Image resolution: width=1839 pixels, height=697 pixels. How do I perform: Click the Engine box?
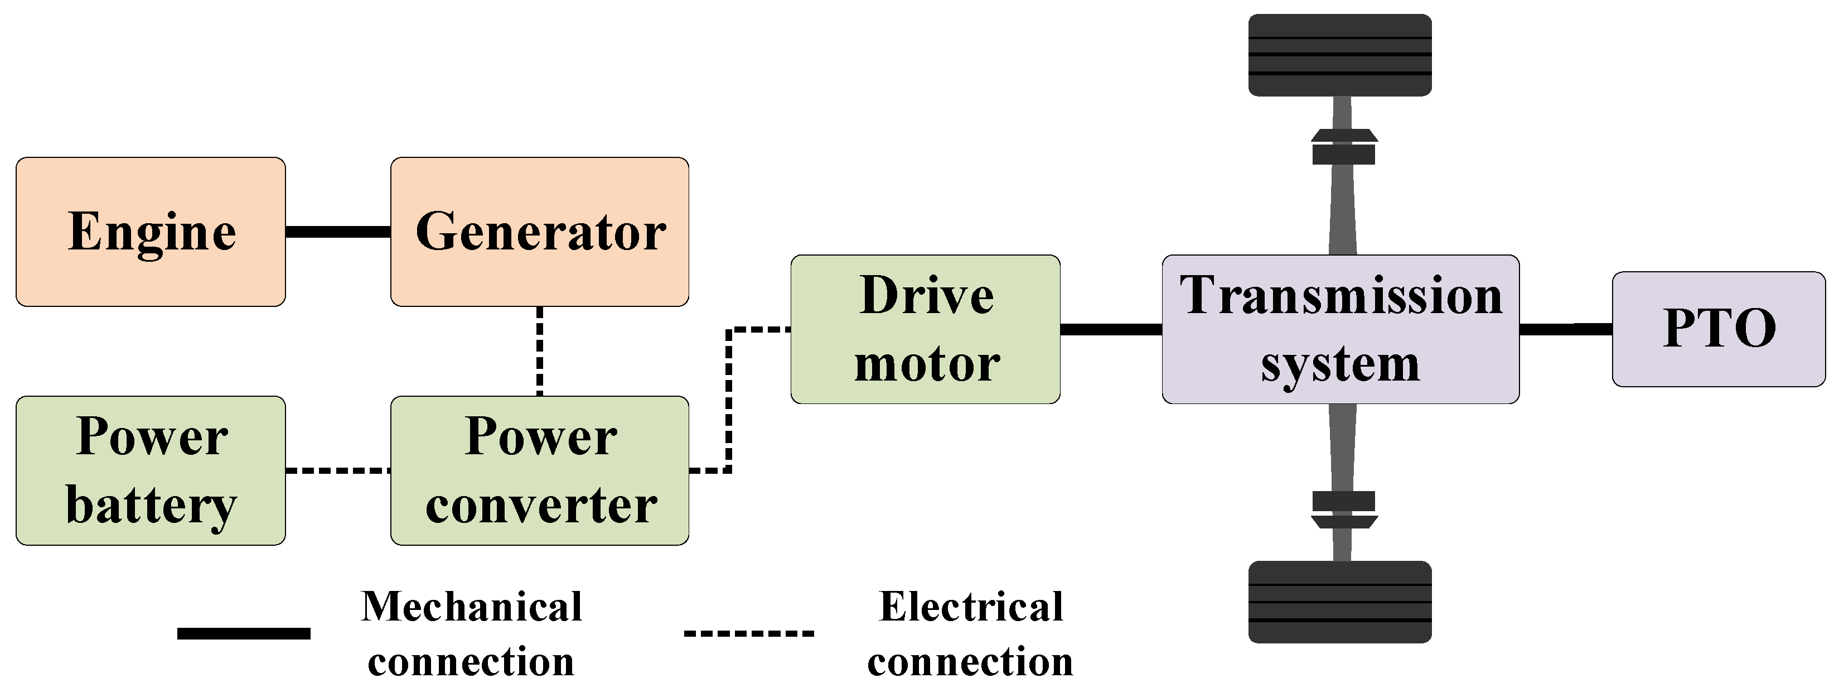click(151, 232)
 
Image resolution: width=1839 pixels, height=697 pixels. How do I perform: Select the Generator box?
click(539, 232)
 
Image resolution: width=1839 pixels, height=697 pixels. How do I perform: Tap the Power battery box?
click(151, 470)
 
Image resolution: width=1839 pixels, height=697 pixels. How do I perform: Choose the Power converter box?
click(539, 470)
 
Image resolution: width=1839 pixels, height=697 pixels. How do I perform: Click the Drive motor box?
click(925, 329)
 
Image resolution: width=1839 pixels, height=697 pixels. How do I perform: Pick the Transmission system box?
click(1340, 329)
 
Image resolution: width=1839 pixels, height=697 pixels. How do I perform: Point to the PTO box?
click(1719, 329)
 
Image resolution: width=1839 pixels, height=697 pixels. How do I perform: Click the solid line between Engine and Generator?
click(338, 232)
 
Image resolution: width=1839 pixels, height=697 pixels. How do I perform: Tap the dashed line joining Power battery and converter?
click(338, 470)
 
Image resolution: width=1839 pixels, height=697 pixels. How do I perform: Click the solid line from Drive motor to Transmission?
click(1111, 329)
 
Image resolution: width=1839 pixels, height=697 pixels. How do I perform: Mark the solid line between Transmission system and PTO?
click(1565, 329)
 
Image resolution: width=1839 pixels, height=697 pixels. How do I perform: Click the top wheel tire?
click(1340, 55)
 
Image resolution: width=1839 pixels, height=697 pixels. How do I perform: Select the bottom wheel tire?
click(1340, 602)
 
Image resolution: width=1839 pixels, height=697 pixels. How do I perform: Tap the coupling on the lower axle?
click(1343, 509)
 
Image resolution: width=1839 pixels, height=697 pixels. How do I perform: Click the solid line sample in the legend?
click(244, 633)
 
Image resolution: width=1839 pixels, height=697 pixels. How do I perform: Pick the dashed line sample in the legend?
click(749, 633)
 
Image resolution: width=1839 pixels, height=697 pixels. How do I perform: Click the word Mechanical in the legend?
click(471, 607)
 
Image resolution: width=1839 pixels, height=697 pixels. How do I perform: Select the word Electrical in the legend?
click(971, 607)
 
